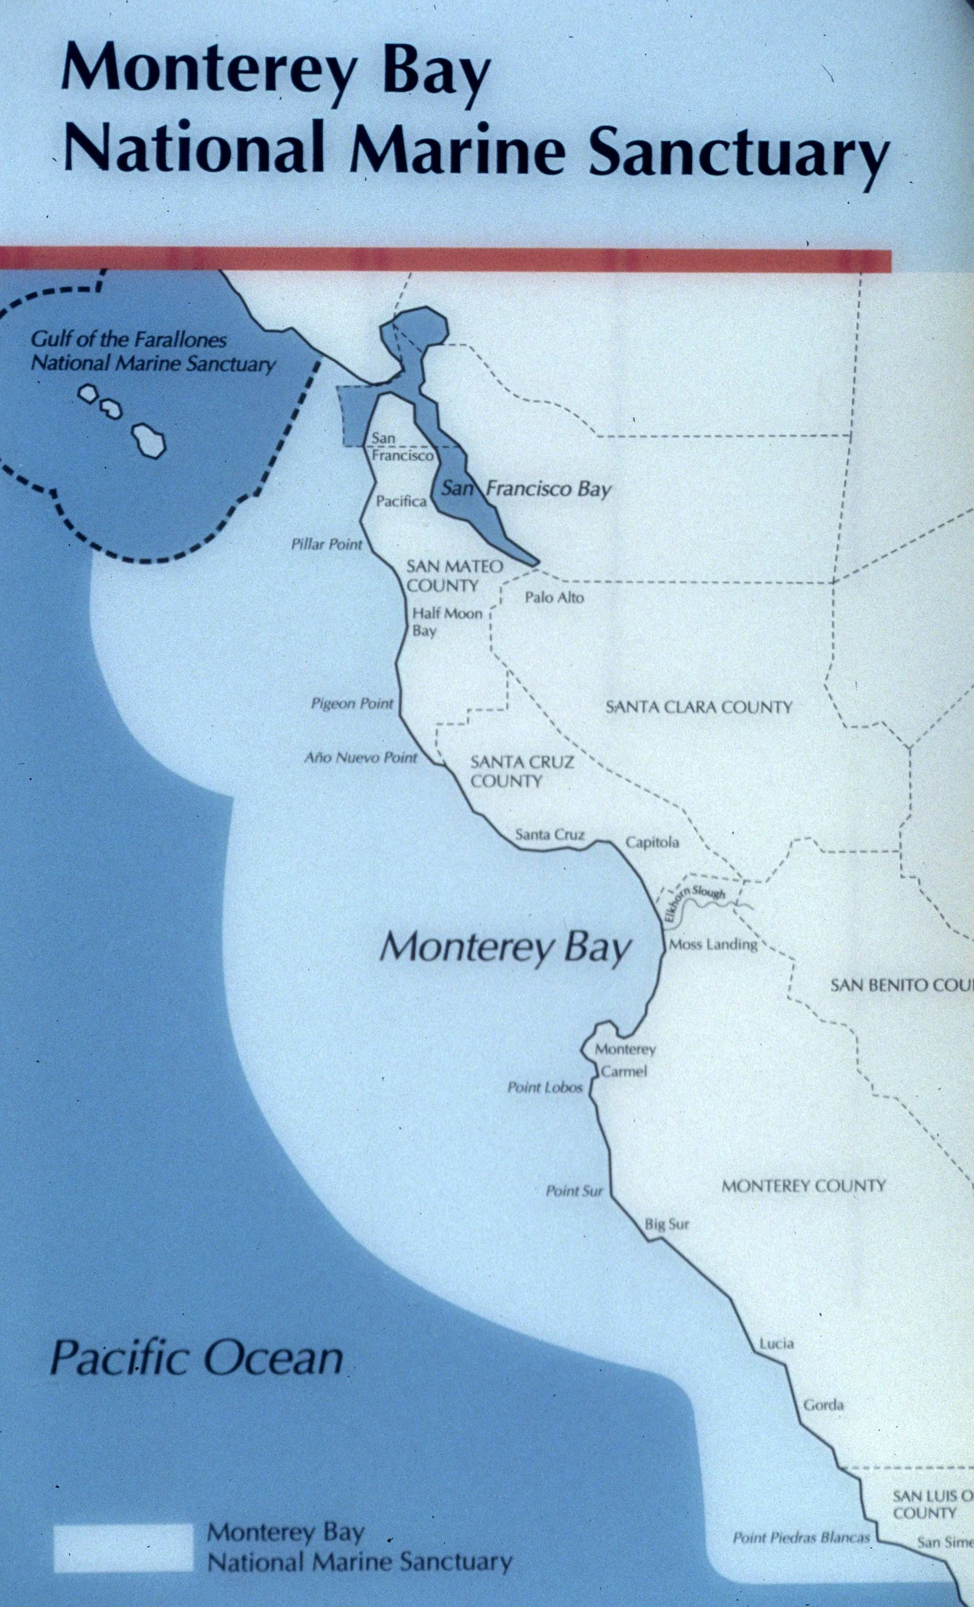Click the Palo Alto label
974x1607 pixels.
(x=554, y=598)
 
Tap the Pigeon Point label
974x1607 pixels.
(x=352, y=704)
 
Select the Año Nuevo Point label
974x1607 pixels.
(x=361, y=758)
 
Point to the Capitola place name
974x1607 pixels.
(x=652, y=842)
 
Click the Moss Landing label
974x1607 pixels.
(x=713, y=944)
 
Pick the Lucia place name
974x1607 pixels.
(x=776, y=1343)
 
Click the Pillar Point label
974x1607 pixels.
(x=326, y=544)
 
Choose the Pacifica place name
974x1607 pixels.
(x=401, y=501)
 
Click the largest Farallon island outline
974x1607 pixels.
(x=149, y=440)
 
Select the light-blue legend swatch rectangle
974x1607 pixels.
(x=123, y=1542)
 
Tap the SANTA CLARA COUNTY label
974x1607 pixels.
(x=698, y=707)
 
